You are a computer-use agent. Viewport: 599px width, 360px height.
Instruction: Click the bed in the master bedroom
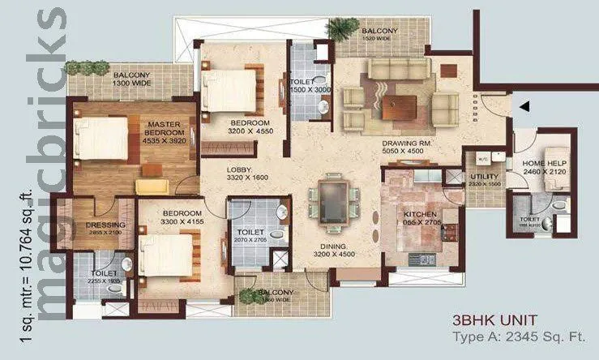(101, 137)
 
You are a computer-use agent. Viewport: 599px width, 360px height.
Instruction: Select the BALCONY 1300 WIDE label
(130, 76)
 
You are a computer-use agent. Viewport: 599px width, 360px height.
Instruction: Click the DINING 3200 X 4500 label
(335, 251)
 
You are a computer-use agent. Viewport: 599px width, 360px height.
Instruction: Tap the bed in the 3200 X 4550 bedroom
(229, 91)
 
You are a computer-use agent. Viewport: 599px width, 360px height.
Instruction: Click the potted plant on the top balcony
(340, 29)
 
